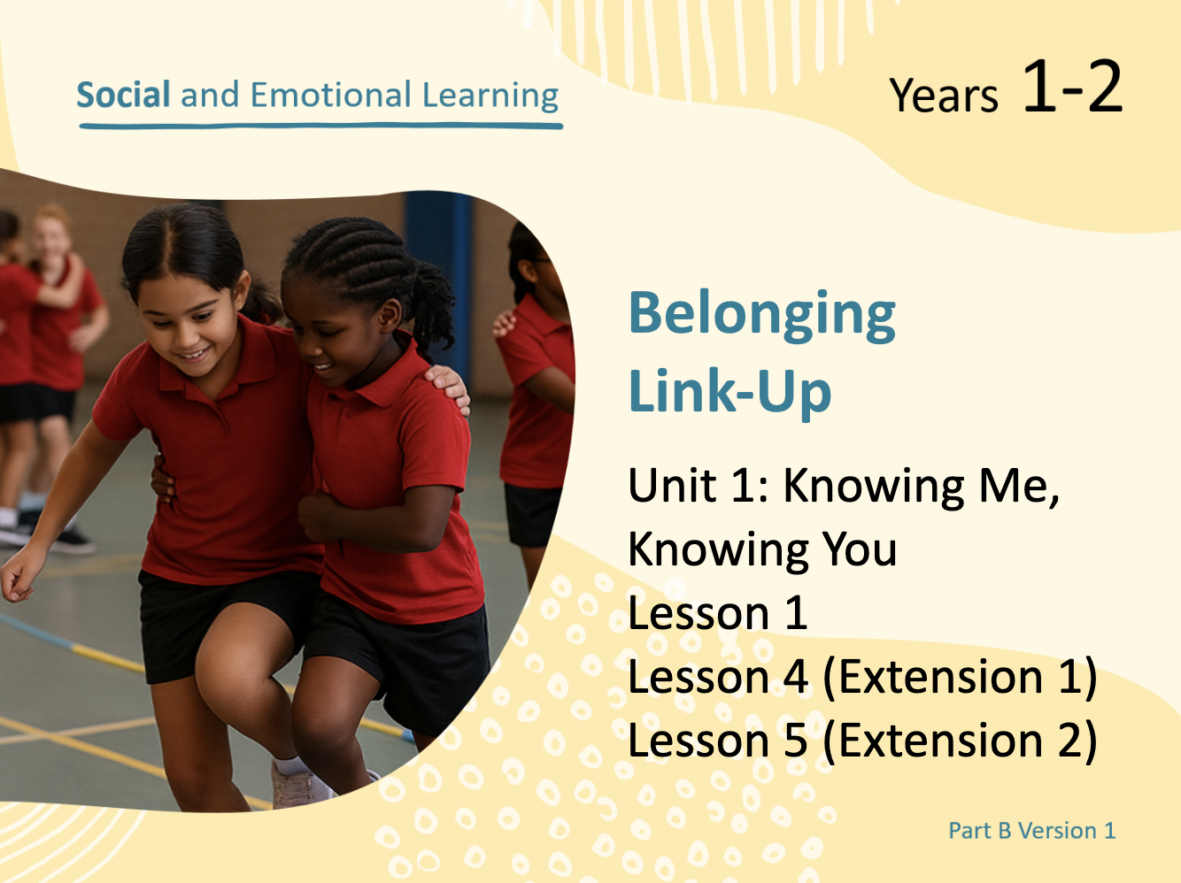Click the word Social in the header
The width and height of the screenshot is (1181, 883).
(123, 95)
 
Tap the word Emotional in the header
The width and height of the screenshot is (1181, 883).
(331, 95)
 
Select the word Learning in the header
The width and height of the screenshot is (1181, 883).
(490, 96)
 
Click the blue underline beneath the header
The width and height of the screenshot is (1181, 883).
(320, 126)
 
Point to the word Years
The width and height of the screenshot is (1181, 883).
(944, 96)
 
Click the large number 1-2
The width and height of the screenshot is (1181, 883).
(1072, 86)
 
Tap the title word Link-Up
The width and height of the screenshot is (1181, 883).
(729, 391)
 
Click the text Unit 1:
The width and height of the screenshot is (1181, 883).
(699, 485)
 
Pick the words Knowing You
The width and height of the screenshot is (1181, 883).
(762, 549)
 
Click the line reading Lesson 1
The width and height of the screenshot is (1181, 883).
(718, 612)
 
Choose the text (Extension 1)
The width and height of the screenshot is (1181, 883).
(960, 677)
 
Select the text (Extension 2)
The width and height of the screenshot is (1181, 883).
(960, 741)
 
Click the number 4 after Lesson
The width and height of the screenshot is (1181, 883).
(795, 677)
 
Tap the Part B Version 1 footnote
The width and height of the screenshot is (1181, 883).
(1032, 831)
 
